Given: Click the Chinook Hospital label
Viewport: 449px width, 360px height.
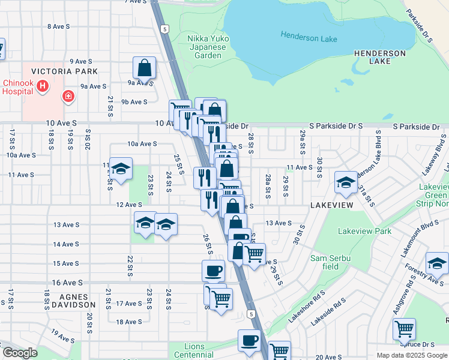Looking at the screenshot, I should coord(17,87).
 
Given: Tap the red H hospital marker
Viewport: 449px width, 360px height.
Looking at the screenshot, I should coord(43,86).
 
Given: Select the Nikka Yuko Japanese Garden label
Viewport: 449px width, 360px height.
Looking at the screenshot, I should coord(206,46).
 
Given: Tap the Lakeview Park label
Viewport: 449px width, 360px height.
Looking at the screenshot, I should coord(364,231).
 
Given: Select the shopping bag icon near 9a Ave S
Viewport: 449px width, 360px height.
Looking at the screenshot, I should coord(145,68).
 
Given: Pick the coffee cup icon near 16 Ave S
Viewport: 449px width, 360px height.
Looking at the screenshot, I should coord(213,271).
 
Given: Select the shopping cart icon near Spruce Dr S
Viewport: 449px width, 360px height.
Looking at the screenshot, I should coord(404,329).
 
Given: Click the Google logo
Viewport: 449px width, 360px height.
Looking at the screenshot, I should coord(20,353).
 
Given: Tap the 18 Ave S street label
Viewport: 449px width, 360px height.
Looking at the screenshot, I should coord(128,322).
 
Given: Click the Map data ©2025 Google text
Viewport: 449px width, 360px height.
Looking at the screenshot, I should coord(411,355).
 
